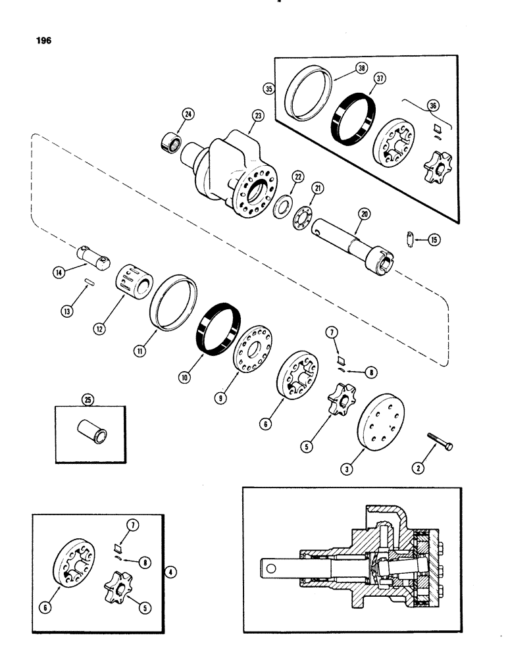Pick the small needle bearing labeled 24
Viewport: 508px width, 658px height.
173,141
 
